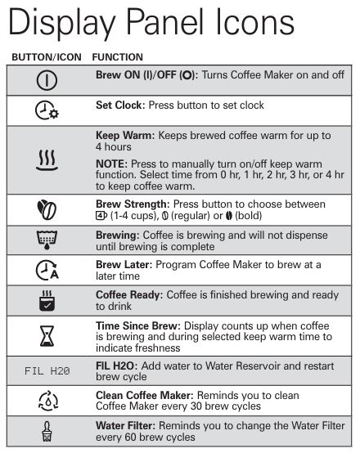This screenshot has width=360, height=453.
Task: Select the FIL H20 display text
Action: click(x=46, y=370)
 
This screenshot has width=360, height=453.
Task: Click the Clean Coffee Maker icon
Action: click(x=46, y=401)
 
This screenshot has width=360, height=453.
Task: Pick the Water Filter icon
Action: click(x=46, y=430)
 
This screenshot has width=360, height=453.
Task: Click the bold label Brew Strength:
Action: click(x=132, y=202)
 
